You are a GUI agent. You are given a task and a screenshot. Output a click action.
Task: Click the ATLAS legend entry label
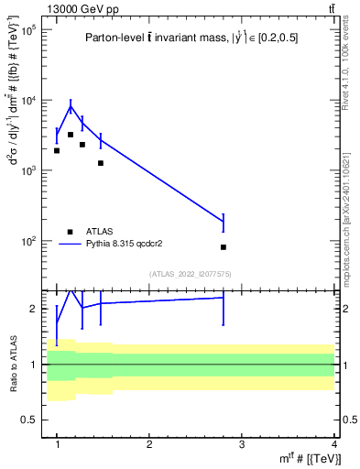point(101,232)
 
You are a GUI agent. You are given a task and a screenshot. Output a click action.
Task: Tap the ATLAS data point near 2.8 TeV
point(224,247)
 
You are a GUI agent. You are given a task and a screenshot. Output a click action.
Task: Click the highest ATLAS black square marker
point(70,135)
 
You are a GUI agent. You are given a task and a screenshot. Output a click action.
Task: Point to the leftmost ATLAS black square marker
point(57,150)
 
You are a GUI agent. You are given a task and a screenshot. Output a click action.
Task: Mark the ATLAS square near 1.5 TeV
point(101,163)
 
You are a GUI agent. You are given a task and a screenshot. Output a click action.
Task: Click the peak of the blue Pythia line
point(70,106)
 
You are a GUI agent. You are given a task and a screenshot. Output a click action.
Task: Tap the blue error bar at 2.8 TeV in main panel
point(224,223)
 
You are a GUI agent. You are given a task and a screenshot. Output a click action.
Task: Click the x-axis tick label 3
point(242,443)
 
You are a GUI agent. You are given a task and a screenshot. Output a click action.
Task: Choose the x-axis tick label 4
point(334,443)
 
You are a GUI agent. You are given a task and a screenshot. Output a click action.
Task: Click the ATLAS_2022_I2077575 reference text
point(197,274)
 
